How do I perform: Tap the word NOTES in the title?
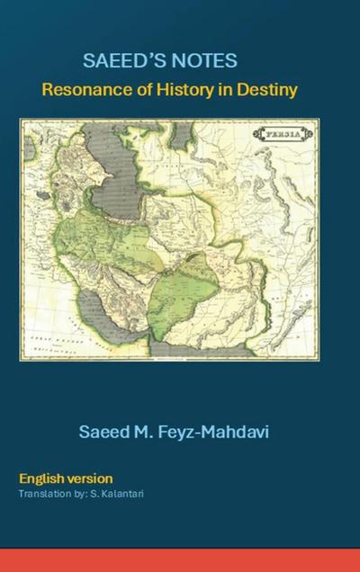click(x=205, y=61)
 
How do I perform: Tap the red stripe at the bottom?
click(x=180, y=559)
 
